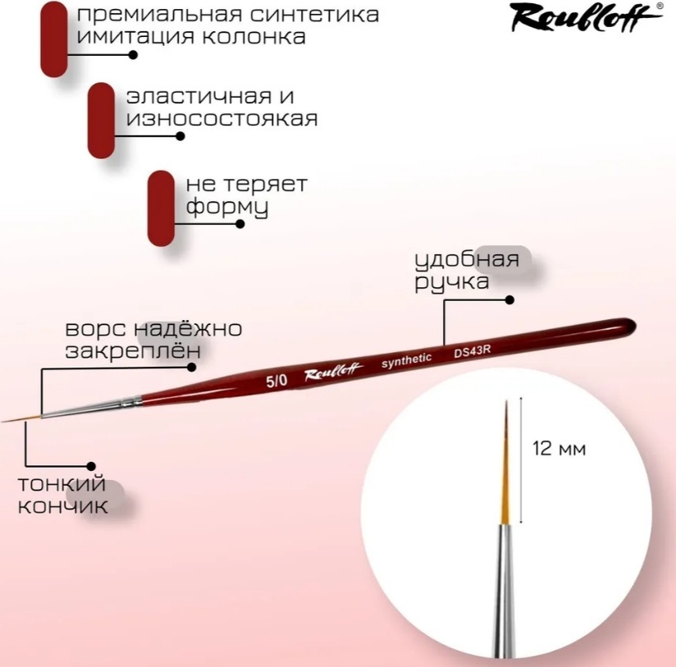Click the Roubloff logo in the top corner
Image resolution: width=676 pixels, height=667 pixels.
point(587,17)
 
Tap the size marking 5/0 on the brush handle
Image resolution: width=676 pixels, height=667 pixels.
point(276,381)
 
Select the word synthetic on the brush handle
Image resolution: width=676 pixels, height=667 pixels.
point(406,360)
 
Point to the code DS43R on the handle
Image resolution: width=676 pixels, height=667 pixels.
point(472,351)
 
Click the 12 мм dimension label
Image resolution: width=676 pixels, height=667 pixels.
point(560,449)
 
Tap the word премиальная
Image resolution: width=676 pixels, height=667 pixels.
point(157,16)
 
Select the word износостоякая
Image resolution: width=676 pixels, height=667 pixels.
point(222,118)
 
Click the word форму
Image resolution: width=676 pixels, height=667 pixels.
point(227,208)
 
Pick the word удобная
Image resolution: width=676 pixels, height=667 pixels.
point(467,260)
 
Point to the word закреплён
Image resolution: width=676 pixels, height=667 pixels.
point(133,350)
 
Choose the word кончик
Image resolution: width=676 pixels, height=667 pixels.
point(62,506)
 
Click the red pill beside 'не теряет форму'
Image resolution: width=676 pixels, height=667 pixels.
point(161,208)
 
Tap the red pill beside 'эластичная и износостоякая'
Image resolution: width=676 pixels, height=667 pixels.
point(101,121)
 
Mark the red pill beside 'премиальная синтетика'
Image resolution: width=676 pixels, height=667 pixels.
point(54,39)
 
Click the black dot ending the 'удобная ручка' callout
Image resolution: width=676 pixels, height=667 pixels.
point(509,299)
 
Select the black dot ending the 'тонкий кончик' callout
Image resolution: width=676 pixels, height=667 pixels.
point(90,466)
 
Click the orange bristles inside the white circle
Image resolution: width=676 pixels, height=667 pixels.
point(505,462)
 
